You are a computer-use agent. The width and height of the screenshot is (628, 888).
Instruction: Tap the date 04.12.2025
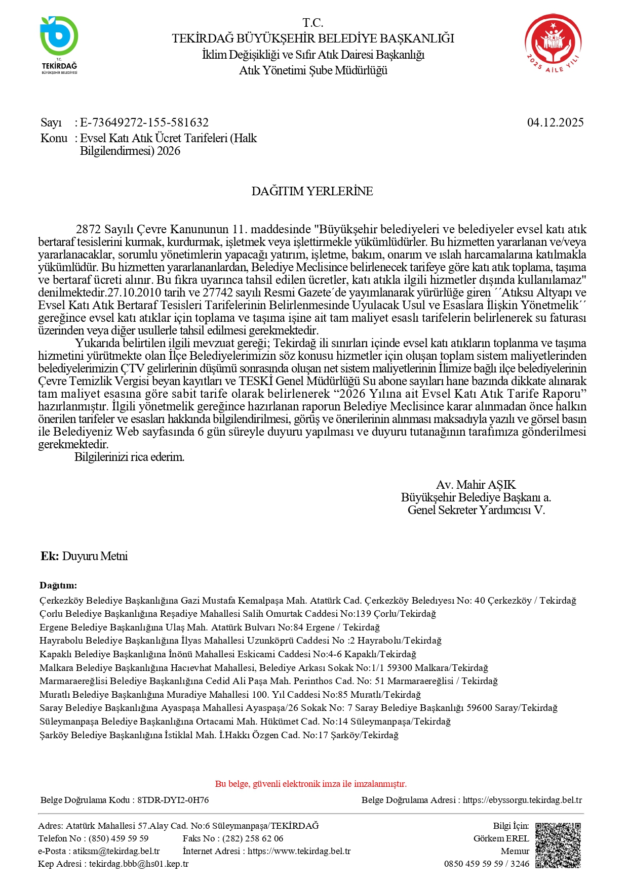(x=555, y=122)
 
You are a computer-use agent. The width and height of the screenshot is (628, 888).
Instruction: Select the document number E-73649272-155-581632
(x=144, y=122)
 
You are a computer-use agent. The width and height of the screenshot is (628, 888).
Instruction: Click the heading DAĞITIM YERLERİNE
(x=312, y=191)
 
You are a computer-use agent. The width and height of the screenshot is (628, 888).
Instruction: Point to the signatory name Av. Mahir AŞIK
(x=476, y=485)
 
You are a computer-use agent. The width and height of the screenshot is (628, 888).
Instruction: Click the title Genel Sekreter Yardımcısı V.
(x=476, y=510)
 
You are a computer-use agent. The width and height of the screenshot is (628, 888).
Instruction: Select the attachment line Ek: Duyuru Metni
(x=84, y=556)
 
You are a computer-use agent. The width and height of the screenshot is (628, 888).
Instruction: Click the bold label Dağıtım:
(x=58, y=585)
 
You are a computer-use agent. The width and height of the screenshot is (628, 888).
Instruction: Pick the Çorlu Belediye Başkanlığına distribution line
(x=238, y=614)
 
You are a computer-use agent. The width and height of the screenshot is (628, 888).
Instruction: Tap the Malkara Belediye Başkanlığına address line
(x=263, y=668)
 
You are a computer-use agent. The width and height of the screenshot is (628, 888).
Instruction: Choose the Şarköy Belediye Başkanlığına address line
(x=219, y=735)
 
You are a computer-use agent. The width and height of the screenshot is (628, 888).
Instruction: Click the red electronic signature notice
(x=311, y=784)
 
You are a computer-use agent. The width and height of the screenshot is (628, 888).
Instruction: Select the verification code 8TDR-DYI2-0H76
(x=173, y=800)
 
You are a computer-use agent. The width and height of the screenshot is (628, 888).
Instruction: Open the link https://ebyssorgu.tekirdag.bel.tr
(x=522, y=800)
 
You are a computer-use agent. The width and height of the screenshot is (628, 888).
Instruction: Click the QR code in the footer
(x=558, y=845)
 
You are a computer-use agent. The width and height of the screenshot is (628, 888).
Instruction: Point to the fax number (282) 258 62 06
(x=253, y=838)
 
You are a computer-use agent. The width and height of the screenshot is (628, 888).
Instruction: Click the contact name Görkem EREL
(x=501, y=838)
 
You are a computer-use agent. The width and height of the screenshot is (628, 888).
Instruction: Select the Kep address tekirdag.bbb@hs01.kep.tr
(x=139, y=864)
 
